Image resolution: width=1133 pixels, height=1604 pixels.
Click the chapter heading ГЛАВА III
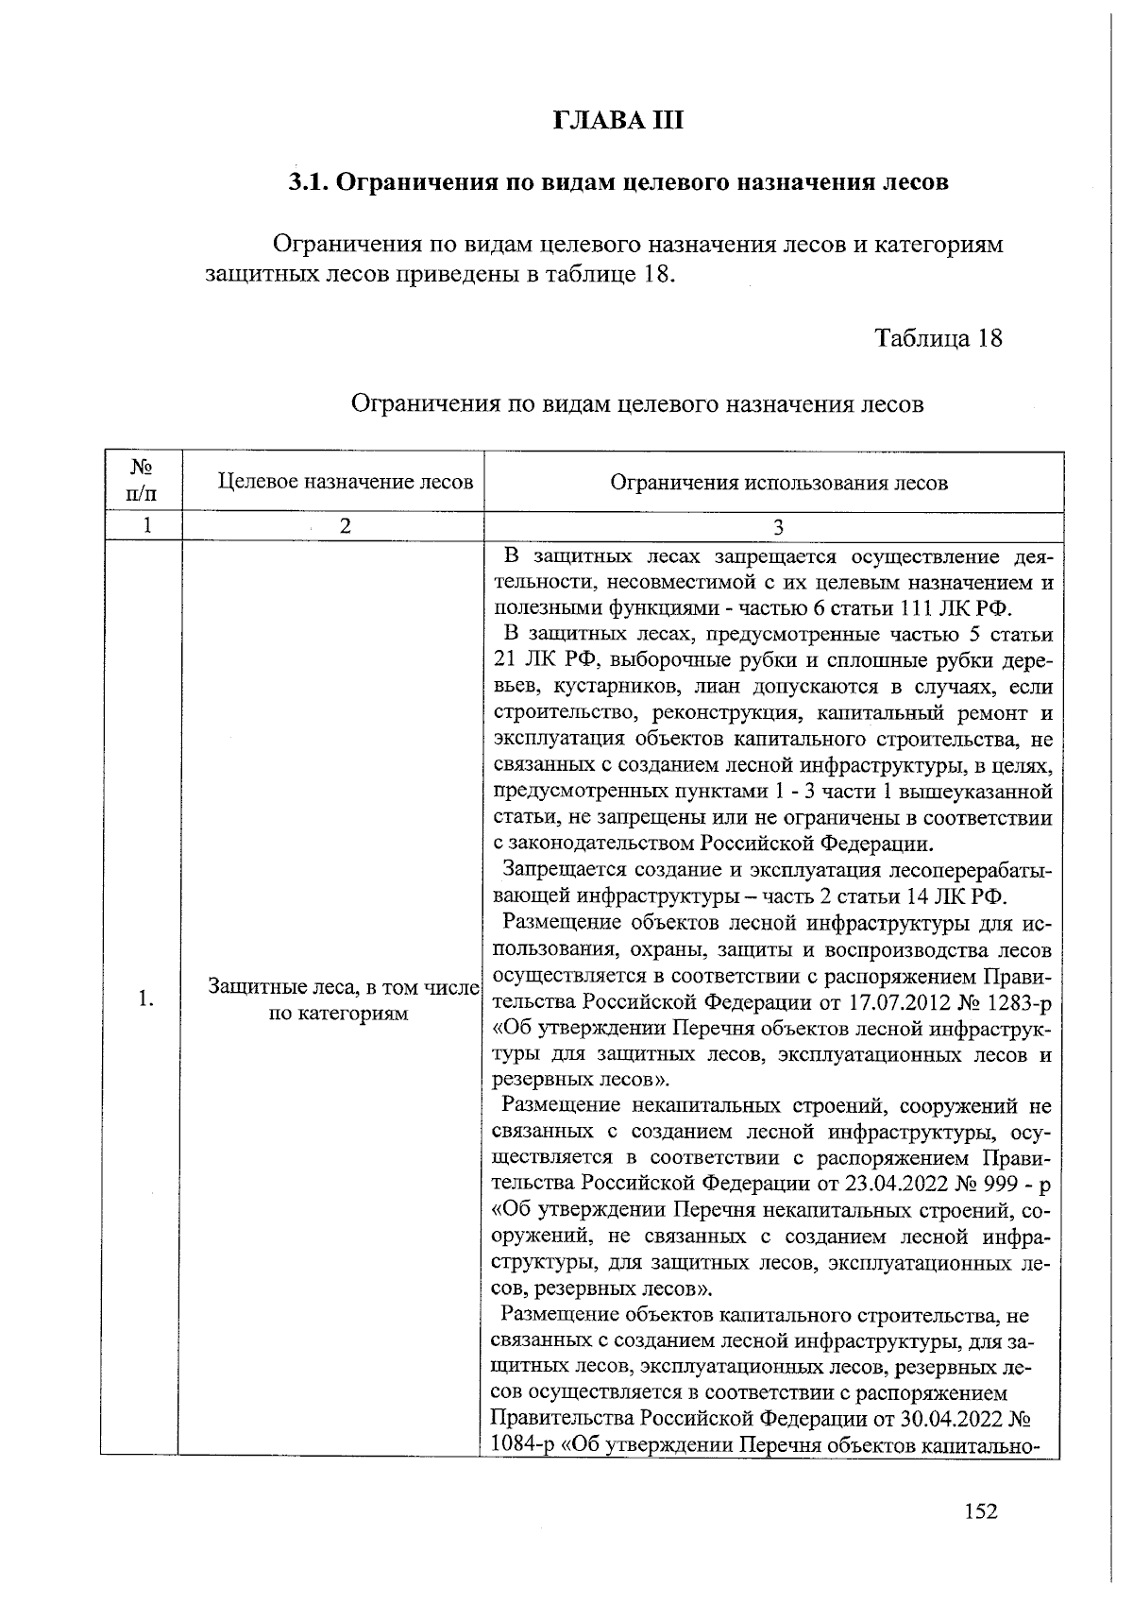pyautogui.click(x=616, y=122)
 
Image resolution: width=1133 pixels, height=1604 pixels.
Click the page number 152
pyautogui.click(x=980, y=1511)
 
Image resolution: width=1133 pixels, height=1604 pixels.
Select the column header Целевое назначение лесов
pyautogui.click(x=346, y=482)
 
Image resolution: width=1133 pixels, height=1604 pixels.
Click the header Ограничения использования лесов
pyautogui.click(x=778, y=483)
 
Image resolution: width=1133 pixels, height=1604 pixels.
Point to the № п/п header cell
pyautogui.click(x=142, y=480)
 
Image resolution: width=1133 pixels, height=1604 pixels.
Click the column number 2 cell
pyautogui.click(x=346, y=526)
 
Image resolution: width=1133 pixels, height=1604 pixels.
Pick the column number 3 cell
pyautogui.click(x=778, y=527)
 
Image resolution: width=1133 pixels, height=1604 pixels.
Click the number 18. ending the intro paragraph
pyautogui.click(x=660, y=276)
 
